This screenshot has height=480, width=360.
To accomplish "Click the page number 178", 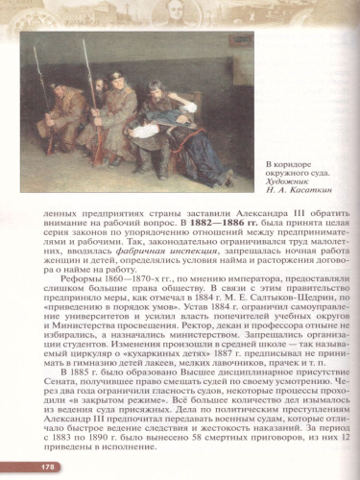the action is point(20,466).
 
